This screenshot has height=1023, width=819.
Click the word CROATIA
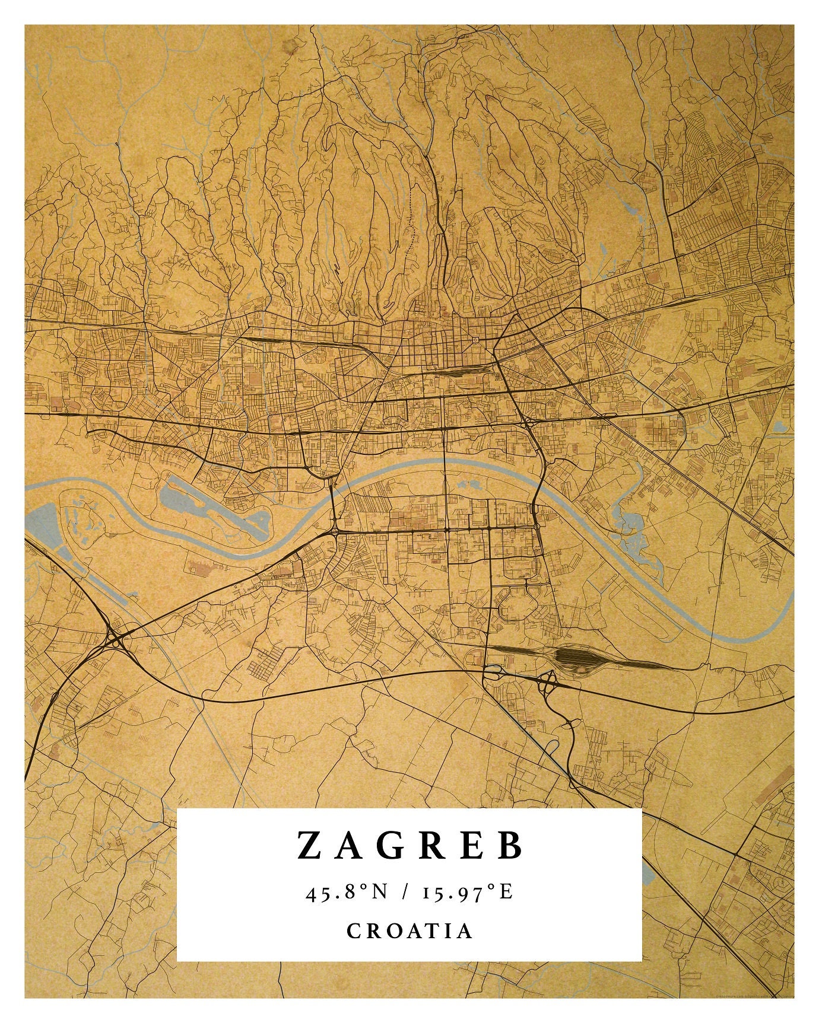tap(409, 930)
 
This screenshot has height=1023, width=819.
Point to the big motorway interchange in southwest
tap(114, 639)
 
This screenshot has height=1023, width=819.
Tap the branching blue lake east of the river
tap(632, 528)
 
